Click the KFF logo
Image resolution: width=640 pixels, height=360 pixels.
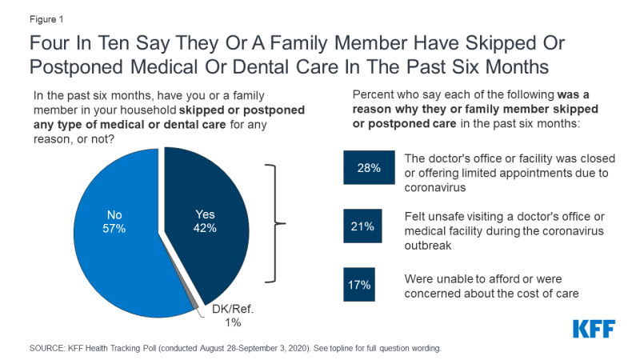pos(595,329)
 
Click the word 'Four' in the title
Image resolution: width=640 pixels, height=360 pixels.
pos(50,42)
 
